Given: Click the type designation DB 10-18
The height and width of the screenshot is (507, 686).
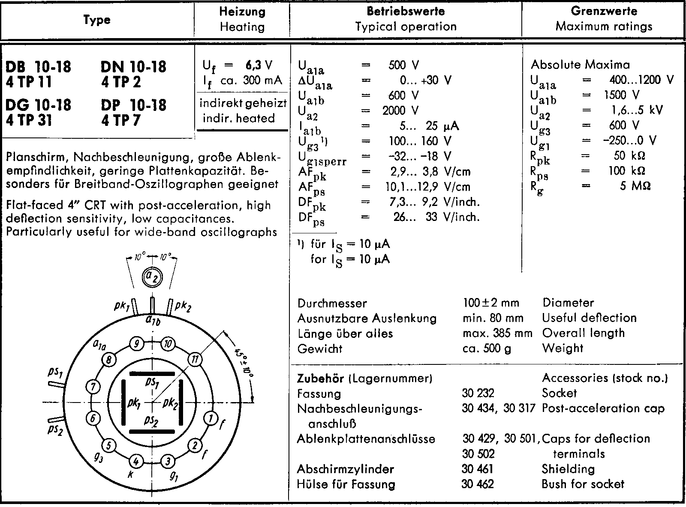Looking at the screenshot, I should (38, 67).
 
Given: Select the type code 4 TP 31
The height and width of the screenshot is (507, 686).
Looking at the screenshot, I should (29, 120).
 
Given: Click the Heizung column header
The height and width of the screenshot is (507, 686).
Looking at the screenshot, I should (242, 12).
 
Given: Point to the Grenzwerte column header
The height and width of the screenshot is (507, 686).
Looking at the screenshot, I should (604, 11).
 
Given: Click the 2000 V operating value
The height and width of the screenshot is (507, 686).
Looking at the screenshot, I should (400, 110).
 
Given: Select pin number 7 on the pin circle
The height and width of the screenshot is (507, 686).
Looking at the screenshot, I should (93, 387).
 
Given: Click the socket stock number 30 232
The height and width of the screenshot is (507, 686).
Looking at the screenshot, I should (478, 393).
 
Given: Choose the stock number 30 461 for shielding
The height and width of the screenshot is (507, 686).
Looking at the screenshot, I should (478, 469).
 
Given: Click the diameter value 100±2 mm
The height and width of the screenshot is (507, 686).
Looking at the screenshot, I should (491, 303).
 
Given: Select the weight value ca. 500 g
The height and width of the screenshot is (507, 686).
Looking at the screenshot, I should (487, 349).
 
